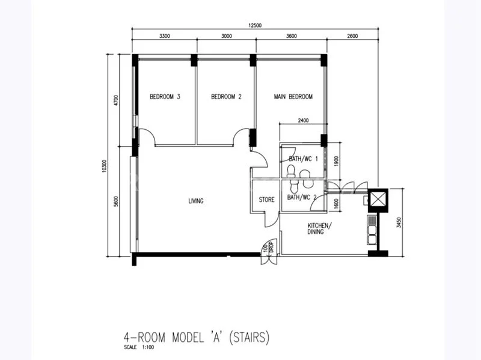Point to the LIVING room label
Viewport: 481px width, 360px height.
click(x=195, y=201)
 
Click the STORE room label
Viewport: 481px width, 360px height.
click(x=266, y=200)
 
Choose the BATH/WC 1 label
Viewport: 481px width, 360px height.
click(x=303, y=159)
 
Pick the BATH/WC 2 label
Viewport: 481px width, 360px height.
click(x=302, y=197)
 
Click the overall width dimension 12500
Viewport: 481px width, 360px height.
click(x=256, y=26)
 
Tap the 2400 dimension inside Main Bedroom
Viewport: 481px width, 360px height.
click(x=303, y=121)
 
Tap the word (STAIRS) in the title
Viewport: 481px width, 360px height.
click(x=247, y=337)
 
